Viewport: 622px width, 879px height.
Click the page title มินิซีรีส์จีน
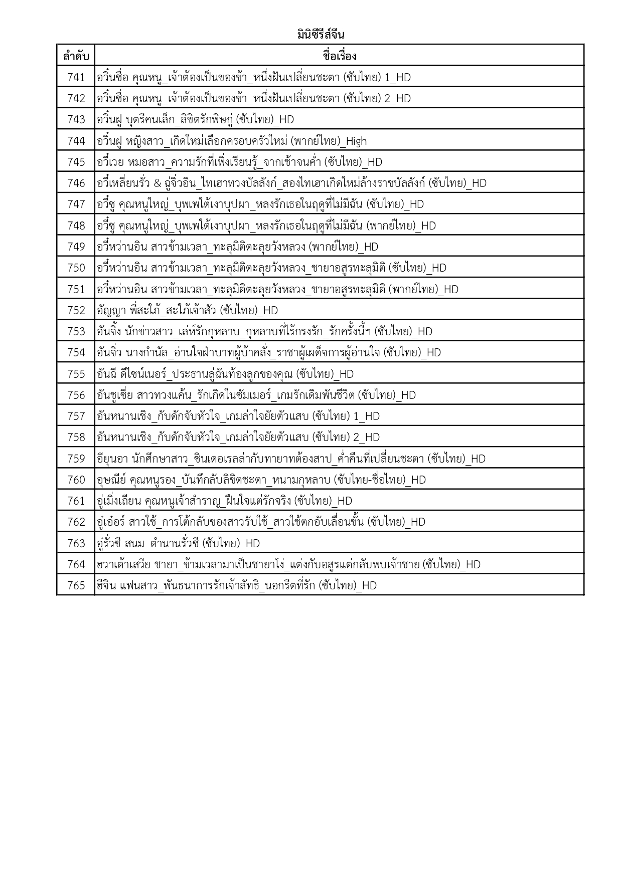click(x=320, y=35)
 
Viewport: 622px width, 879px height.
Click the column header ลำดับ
click(x=76, y=56)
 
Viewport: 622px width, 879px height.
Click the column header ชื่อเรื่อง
click(x=339, y=56)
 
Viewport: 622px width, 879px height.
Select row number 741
click(x=76, y=77)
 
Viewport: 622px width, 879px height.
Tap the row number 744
click(x=76, y=141)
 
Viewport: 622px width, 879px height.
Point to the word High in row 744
click(x=356, y=141)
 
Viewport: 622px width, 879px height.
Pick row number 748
click(x=76, y=226)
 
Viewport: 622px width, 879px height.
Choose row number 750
click(x=76, y=268)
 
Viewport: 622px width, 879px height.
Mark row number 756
click(x=76, y=395)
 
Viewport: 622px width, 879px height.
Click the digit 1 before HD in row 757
click(x=356, y=416)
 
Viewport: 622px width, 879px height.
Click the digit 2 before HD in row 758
click(x=356, y=437)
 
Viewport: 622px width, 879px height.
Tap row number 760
click(x=76, y=480)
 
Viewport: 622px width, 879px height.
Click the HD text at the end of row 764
click(x=473, y=565)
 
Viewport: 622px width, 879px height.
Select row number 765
click(x=76, y=585)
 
